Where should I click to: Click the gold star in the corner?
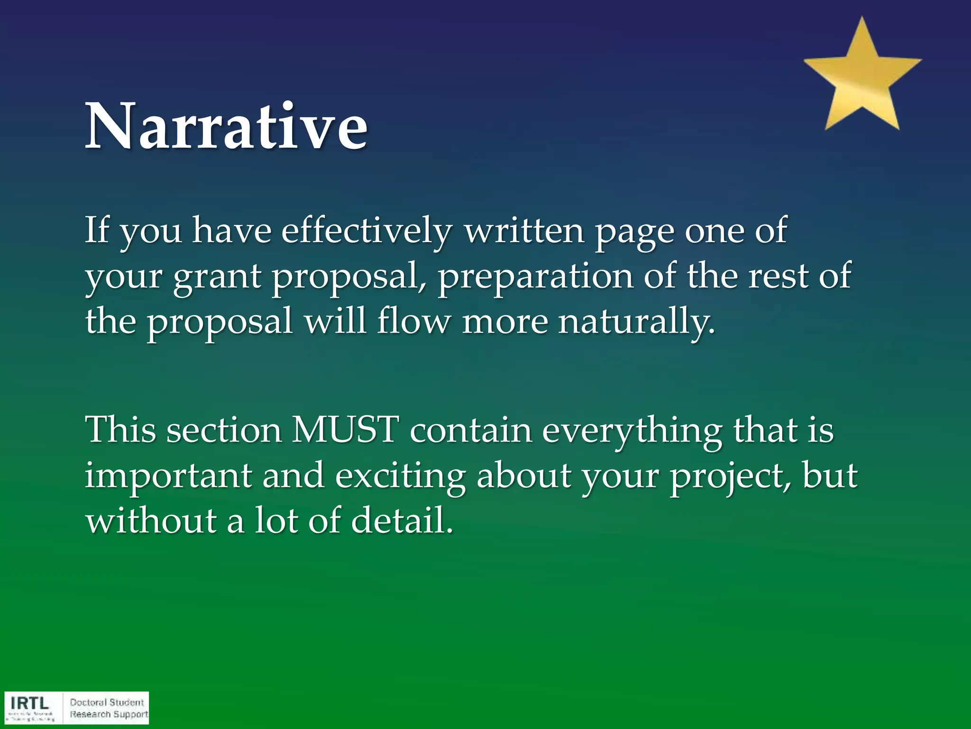862,78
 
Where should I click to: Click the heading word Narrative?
226,126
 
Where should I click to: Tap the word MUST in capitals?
345,430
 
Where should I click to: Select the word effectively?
366,231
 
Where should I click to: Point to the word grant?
217,277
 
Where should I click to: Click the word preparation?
535,277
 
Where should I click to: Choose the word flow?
413,321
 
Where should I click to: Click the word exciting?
401,477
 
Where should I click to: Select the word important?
168,477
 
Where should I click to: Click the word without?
151,520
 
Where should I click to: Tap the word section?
224,430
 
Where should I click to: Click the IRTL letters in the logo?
29,703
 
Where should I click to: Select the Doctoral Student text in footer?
107,702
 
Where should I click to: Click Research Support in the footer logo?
109,714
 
